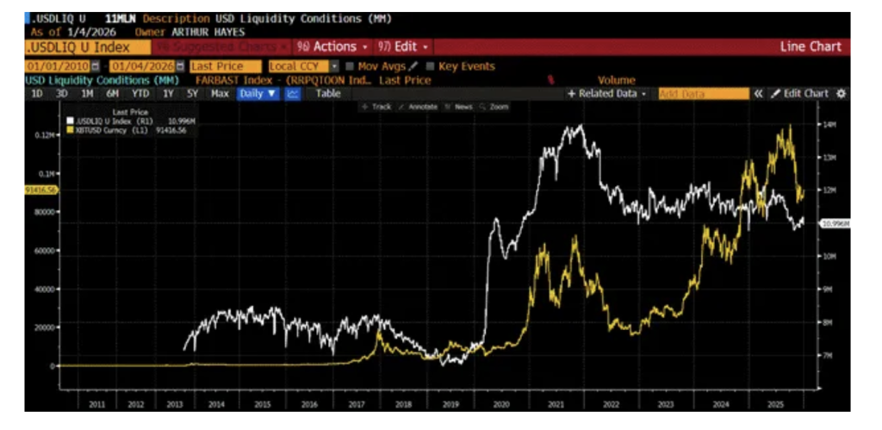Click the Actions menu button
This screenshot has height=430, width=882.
pyautogui.click(x=332, y=47)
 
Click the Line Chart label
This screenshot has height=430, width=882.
pyautogui.click(x=811, y=47)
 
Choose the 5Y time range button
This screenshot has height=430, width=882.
pyautogui.click(x=193, y=93)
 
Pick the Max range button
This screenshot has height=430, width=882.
pyautogui.click(x=220, y=93)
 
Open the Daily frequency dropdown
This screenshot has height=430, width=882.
pyautogui.click(x=258, y=93)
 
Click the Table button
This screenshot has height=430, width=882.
pyautogui.click(x=328, y=93)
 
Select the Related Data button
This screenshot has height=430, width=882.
pyautogui.click(x=606, y=93)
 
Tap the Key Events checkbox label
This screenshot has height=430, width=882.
pyautogui.click(x=466, y=66)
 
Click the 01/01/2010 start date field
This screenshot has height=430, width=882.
pyautogui.click(x=58, y=66)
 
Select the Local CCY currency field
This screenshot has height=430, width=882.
pyautogui.click(x=293, y=66)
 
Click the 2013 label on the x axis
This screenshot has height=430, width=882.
pyautogui.click(x=174, y=402)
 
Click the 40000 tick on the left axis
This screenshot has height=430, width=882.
pyautogui.click(x=44, y=289)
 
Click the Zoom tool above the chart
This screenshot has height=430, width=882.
pyautogui.click(x=497, y=107)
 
